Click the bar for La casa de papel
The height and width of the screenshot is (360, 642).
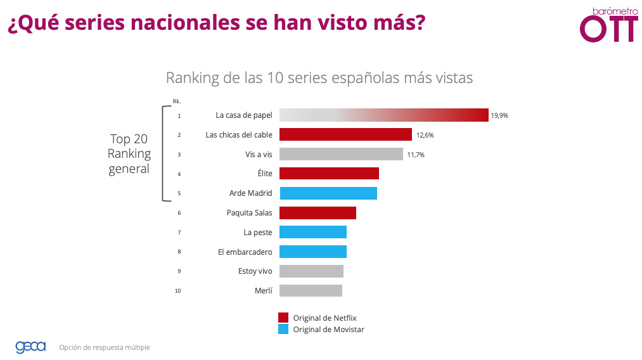click(x=383, y=115)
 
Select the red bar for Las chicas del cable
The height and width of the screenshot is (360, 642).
click(x=345, y=134)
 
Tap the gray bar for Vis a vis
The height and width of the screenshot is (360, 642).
click(x=341, y=154)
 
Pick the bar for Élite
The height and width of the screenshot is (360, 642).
click(x=329, y=174)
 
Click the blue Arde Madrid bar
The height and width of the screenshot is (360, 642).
click(x=328, y=193)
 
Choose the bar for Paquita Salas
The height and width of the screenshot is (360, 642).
click(x=318, y=213)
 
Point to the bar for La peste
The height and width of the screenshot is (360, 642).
click(x=313, y=232)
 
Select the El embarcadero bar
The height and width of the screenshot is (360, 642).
click(x=313, y=252)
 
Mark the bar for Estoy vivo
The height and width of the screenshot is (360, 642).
click(x=311, y=271)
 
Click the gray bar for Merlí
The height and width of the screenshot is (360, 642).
click(x=311, y=290)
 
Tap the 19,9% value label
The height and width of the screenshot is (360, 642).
click(x=499, y=116)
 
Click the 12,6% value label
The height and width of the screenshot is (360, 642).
click(x=425, y=135)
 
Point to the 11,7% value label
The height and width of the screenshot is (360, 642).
click(x=415, y=155)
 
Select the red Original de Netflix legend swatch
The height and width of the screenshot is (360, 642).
click(x=283, y=318)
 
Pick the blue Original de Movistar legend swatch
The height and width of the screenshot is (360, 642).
click(x=283, y=330)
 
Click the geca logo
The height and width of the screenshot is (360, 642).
click(x=30, y=347)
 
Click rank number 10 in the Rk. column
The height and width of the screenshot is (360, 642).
click(x=179, y=291)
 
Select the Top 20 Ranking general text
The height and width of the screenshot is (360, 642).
click(x=129, y=153)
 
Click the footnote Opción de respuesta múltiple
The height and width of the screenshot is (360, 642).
click(x=105, y=347)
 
